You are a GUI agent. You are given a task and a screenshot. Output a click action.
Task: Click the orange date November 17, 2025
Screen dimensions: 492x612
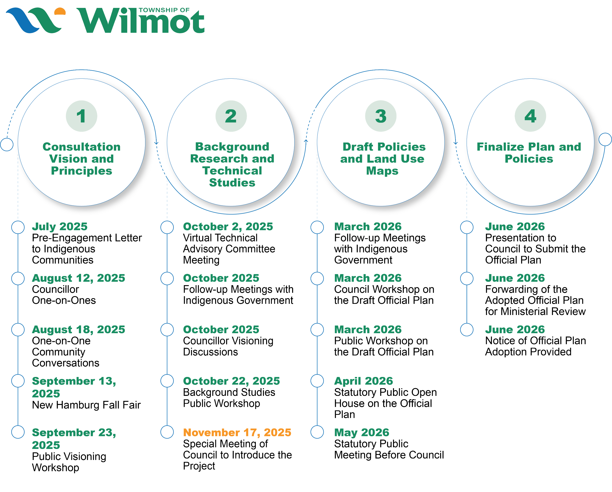coord(237,432)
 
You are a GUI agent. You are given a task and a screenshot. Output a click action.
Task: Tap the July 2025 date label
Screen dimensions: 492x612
coord(60,227)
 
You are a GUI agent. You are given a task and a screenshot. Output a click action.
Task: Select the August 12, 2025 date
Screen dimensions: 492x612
coord(78,278)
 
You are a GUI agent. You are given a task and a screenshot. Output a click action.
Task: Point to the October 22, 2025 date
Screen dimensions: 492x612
coord(231,381)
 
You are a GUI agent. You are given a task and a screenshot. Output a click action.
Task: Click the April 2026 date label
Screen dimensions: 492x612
coord(363,381)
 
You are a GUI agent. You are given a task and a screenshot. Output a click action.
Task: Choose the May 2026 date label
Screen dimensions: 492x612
coord(362,432)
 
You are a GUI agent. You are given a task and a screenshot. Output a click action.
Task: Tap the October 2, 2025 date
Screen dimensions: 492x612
coord(228,227)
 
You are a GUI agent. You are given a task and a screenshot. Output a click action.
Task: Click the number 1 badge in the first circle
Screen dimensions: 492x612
coord(82,116)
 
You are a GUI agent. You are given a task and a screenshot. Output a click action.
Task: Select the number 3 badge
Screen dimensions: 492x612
coord(381,116)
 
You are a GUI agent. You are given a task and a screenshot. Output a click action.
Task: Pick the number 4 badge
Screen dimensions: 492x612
coord(530,116)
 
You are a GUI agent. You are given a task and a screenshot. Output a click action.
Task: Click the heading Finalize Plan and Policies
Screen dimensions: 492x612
coord(529,153)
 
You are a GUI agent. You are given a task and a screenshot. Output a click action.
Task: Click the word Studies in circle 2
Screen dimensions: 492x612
coord(232,183)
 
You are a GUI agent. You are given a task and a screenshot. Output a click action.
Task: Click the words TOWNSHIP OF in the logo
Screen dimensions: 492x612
coord(164,10)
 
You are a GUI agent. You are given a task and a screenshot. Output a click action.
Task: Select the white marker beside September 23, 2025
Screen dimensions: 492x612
coord(18,432)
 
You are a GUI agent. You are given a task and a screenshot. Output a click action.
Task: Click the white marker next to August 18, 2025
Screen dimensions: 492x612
coord(18,330)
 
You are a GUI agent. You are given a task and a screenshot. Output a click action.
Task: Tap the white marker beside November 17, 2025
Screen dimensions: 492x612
coord(167,432)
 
